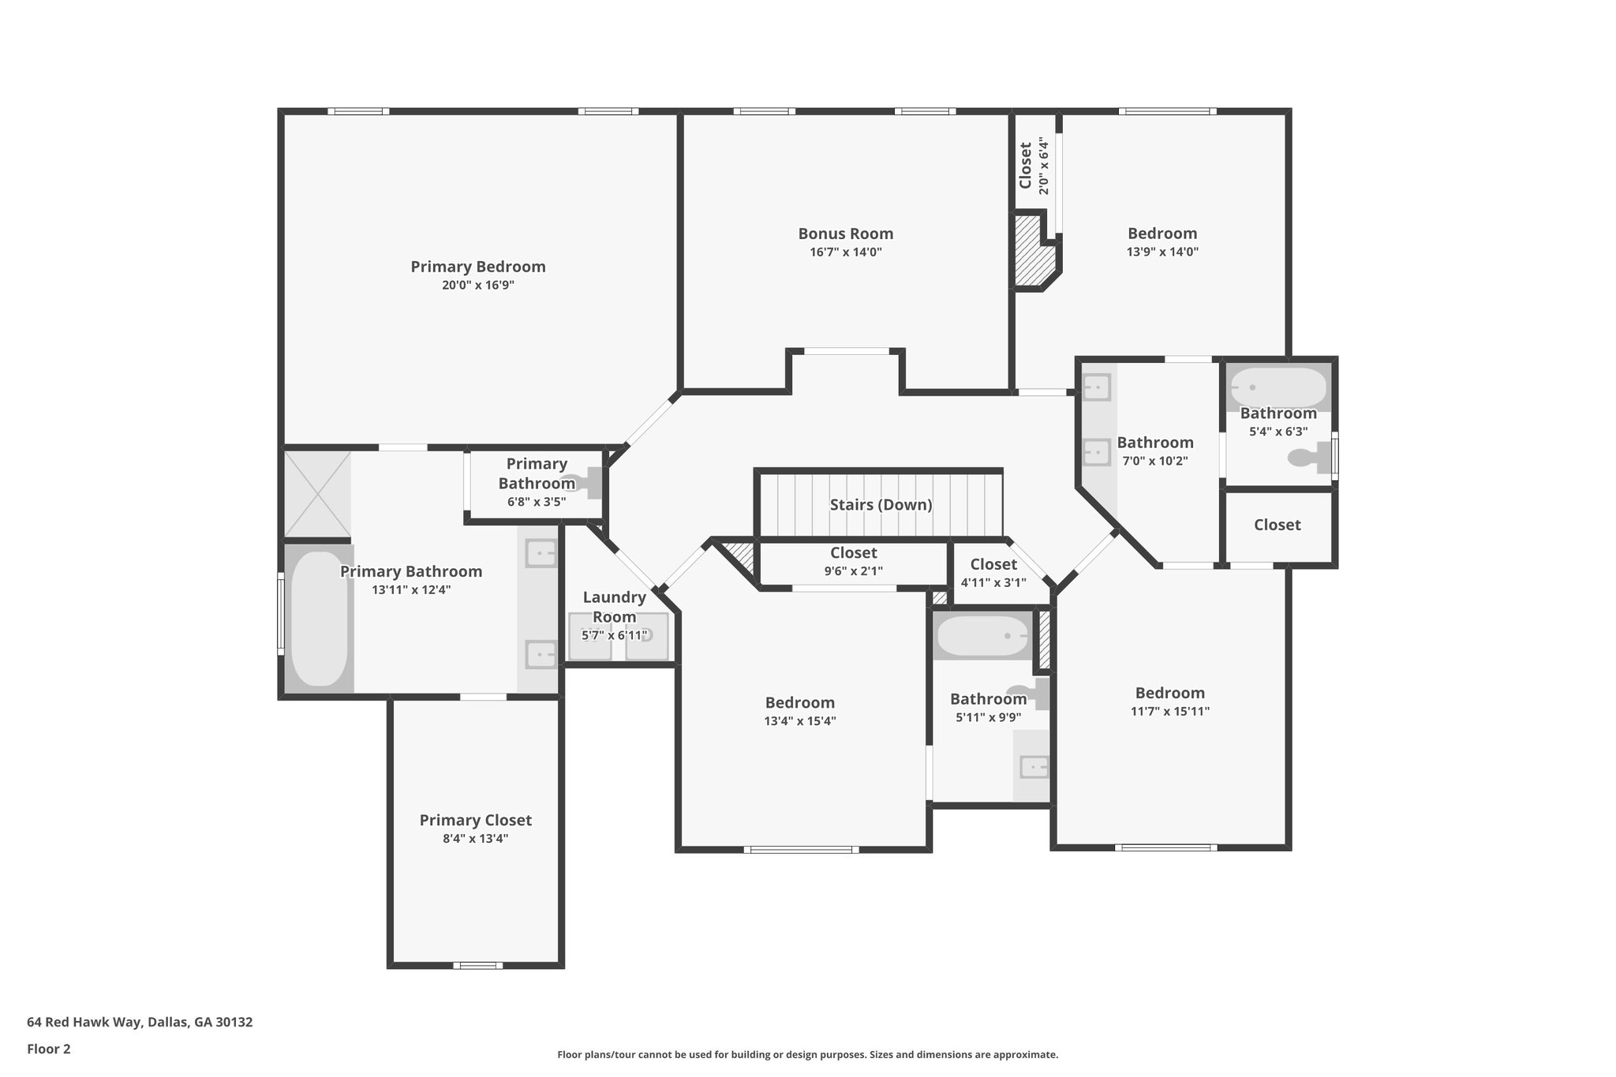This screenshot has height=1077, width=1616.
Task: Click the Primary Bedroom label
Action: (x=477, y=267)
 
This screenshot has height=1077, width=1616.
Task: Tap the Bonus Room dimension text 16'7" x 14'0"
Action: (x=845, y=252)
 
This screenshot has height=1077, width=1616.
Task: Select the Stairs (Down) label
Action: (x=881, y=505)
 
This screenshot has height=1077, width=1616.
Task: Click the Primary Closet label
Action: (x=475, y=821)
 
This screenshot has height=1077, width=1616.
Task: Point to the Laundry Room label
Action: (x=614, y=607)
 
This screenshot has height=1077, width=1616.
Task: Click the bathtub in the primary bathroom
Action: (x=318, y=618)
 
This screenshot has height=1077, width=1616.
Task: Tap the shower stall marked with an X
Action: (x=317, y=494)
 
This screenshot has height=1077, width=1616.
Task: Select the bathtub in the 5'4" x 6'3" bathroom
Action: (x=1278, y=387)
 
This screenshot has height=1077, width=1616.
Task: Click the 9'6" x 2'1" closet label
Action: (x=853, y=562)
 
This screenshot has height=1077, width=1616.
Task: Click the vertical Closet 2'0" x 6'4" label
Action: (x=1034, y=166)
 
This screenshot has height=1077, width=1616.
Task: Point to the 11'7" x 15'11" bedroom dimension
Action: (x=1169, y=711)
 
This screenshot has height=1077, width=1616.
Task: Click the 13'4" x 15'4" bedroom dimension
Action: (x=799, y=720)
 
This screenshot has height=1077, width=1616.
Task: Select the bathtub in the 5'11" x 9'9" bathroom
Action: (x=982, y=636)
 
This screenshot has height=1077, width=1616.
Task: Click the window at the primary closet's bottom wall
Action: (x=477, y=965)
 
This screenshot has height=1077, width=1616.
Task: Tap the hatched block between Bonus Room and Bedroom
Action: (x=1033, y=252)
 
